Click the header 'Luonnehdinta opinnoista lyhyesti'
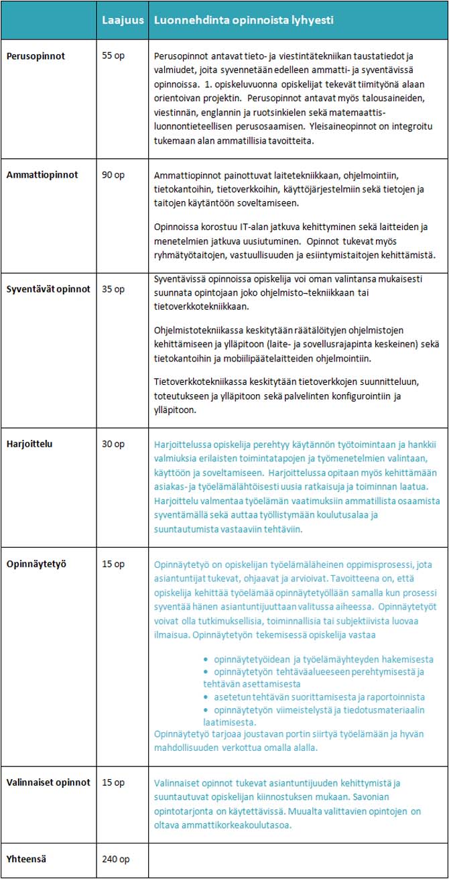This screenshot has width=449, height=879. [x=244, y=21]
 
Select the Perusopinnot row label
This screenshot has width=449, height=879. [x=36, y=57]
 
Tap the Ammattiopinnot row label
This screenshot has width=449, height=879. [x=42, y=175]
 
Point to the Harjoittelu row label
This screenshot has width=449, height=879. [x=31, y=444]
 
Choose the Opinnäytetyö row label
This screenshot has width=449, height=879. [x=36, y=564]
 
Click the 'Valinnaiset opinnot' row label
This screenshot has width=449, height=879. [x=48, y=782]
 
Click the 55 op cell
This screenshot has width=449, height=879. [x=113, y=57]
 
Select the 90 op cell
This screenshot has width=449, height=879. [x=113, y=175]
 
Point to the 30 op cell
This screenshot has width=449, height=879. [x=113, y=444]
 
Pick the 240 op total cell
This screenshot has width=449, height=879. [x=115, y=859]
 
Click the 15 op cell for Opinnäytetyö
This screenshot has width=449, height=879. [x=113, y=564]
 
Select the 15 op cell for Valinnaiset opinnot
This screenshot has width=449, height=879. [x=113, y=782]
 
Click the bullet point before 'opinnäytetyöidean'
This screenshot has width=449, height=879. [x=206, y=660]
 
